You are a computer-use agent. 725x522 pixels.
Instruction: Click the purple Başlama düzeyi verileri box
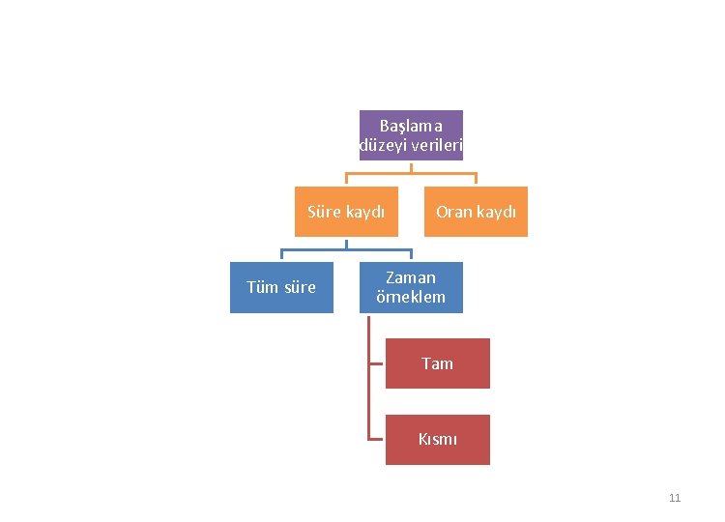tap(411, 135)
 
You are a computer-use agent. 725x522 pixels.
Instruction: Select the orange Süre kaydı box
tap(346, 212)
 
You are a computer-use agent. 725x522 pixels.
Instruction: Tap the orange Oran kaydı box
tap(476, 212)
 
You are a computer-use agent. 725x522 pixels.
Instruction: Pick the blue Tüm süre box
tap(280, 287)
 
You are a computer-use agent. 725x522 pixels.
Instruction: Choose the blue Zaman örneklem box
tap(411, 287)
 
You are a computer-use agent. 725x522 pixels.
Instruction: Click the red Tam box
tap(437, 363)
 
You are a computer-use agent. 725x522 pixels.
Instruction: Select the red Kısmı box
tap(437, 440)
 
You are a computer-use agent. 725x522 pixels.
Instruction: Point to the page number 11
tap(675, 498)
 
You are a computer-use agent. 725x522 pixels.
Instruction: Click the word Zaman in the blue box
tap(411, 277)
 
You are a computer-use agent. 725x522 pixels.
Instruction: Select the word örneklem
tap(411, 297)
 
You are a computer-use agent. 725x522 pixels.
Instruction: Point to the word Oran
tap(452, 212)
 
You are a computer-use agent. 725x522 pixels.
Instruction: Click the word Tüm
tap(262, 287)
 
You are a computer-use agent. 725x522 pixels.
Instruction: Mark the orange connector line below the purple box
tap(411, 175)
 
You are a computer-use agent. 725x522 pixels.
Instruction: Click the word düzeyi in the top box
tap(381, 146)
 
